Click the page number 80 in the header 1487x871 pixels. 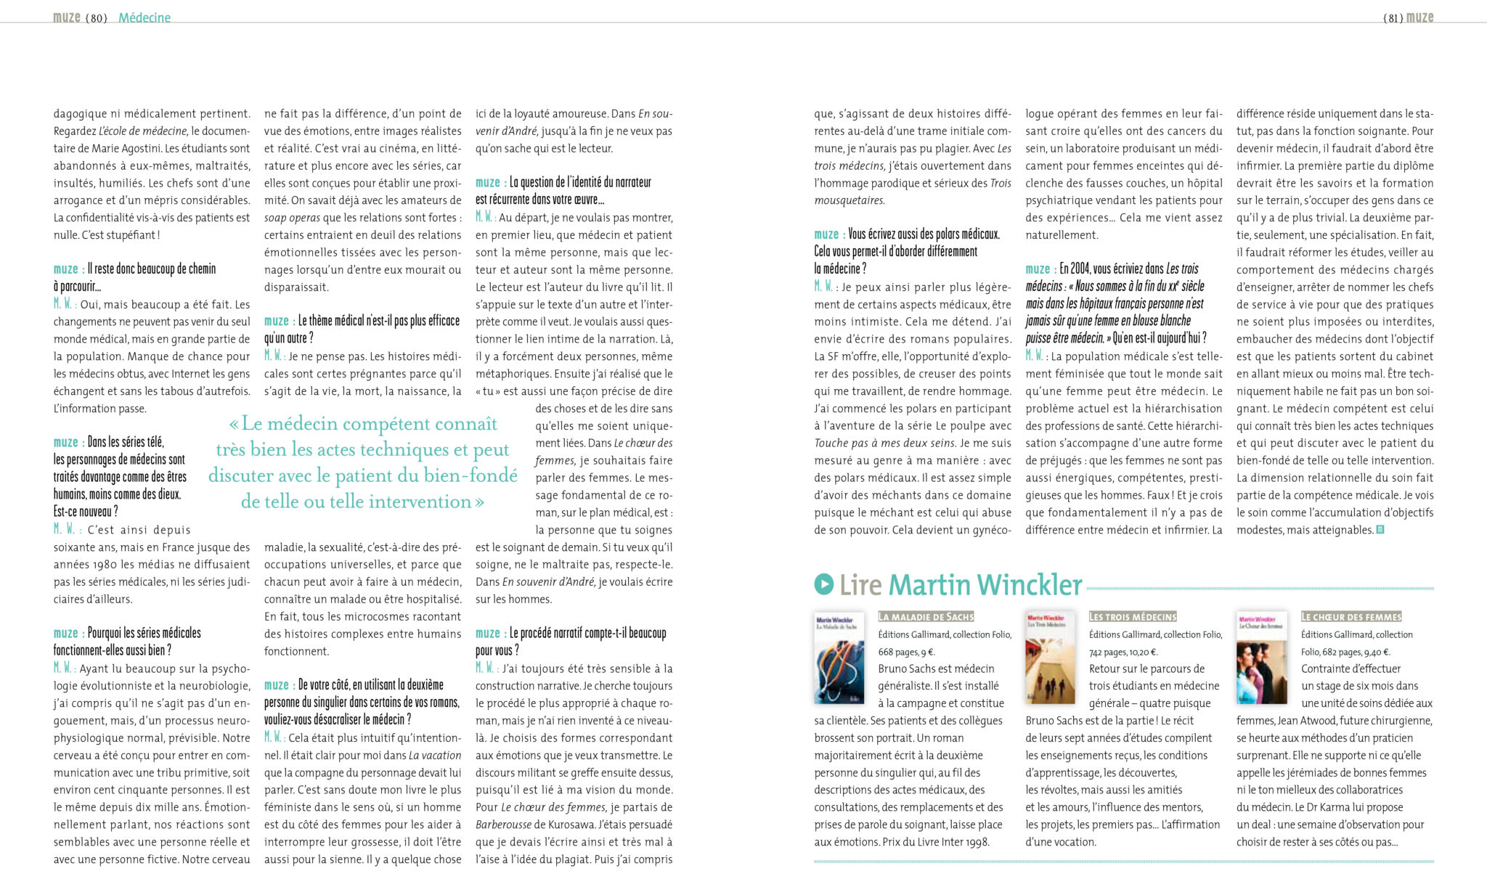click(x=97, y=18)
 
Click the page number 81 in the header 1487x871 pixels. click(x=1393, y=18)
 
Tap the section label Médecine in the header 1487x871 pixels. click(x=144, y=18)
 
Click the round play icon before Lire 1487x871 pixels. click(x=823, y=584)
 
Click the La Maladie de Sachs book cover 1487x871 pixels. click(x=839, y=658)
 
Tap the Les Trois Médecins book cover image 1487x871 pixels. click(x=1050, y=658)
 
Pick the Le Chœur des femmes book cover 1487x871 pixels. click(x=1261, y=658)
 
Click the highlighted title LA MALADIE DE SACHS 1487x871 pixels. click(x=926, y=616)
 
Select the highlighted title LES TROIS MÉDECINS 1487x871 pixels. click(x=1133, y=616)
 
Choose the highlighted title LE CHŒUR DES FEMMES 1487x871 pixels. click(x=1351, y=616)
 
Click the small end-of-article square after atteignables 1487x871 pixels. click(x=1380, y=530)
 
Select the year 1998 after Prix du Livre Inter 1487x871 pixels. click(x=976, y=842)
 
